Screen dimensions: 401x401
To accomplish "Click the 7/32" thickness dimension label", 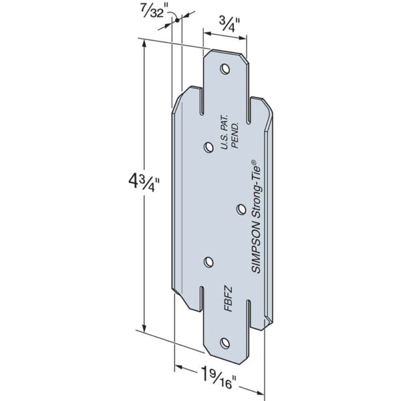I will click(x=154, y=9).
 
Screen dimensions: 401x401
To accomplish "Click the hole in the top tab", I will click(x=225, y=68).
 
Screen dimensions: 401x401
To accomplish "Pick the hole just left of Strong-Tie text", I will click(x=241, y=209).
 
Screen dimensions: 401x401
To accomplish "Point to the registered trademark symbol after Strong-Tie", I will click(x=253, y=161).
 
